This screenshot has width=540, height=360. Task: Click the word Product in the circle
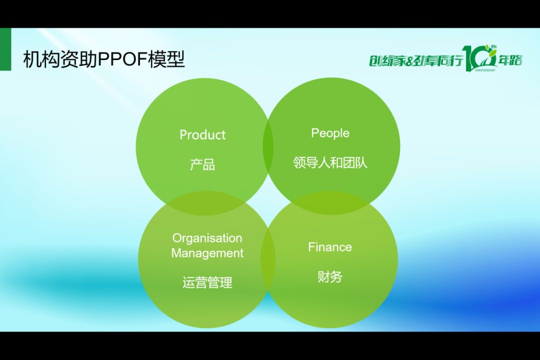202,134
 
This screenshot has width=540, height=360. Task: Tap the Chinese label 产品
202,164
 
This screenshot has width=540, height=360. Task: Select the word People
330,133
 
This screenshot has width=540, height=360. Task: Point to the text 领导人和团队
330,162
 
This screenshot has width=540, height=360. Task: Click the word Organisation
207,238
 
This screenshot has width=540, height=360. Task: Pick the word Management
207,253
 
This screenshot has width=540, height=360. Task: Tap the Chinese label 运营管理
207,282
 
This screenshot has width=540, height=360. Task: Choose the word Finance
330,247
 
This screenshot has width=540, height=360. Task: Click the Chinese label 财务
330,276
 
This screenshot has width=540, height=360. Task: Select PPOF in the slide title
123,59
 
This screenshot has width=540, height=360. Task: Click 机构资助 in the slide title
60,59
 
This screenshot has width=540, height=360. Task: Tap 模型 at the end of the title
166,59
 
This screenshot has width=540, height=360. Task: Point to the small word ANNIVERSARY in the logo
485,70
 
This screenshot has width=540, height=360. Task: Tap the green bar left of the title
5,49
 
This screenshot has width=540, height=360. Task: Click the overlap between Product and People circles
268,146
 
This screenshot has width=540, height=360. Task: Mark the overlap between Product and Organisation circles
206,203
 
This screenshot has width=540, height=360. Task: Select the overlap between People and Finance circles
330,203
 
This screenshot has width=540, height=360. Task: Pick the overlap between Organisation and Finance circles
268,259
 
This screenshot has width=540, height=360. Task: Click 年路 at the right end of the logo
510,60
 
